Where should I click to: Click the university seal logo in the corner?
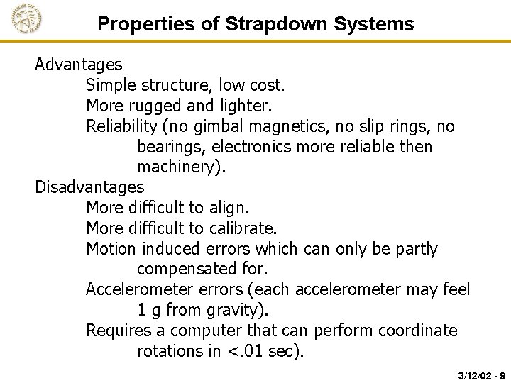point(27,18)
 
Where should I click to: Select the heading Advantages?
point(79,65)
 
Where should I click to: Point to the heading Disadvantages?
point(89,187)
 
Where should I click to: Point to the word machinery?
point(172,167)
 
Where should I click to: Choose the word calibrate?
point(242,228)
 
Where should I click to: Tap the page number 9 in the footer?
point(502,374)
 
